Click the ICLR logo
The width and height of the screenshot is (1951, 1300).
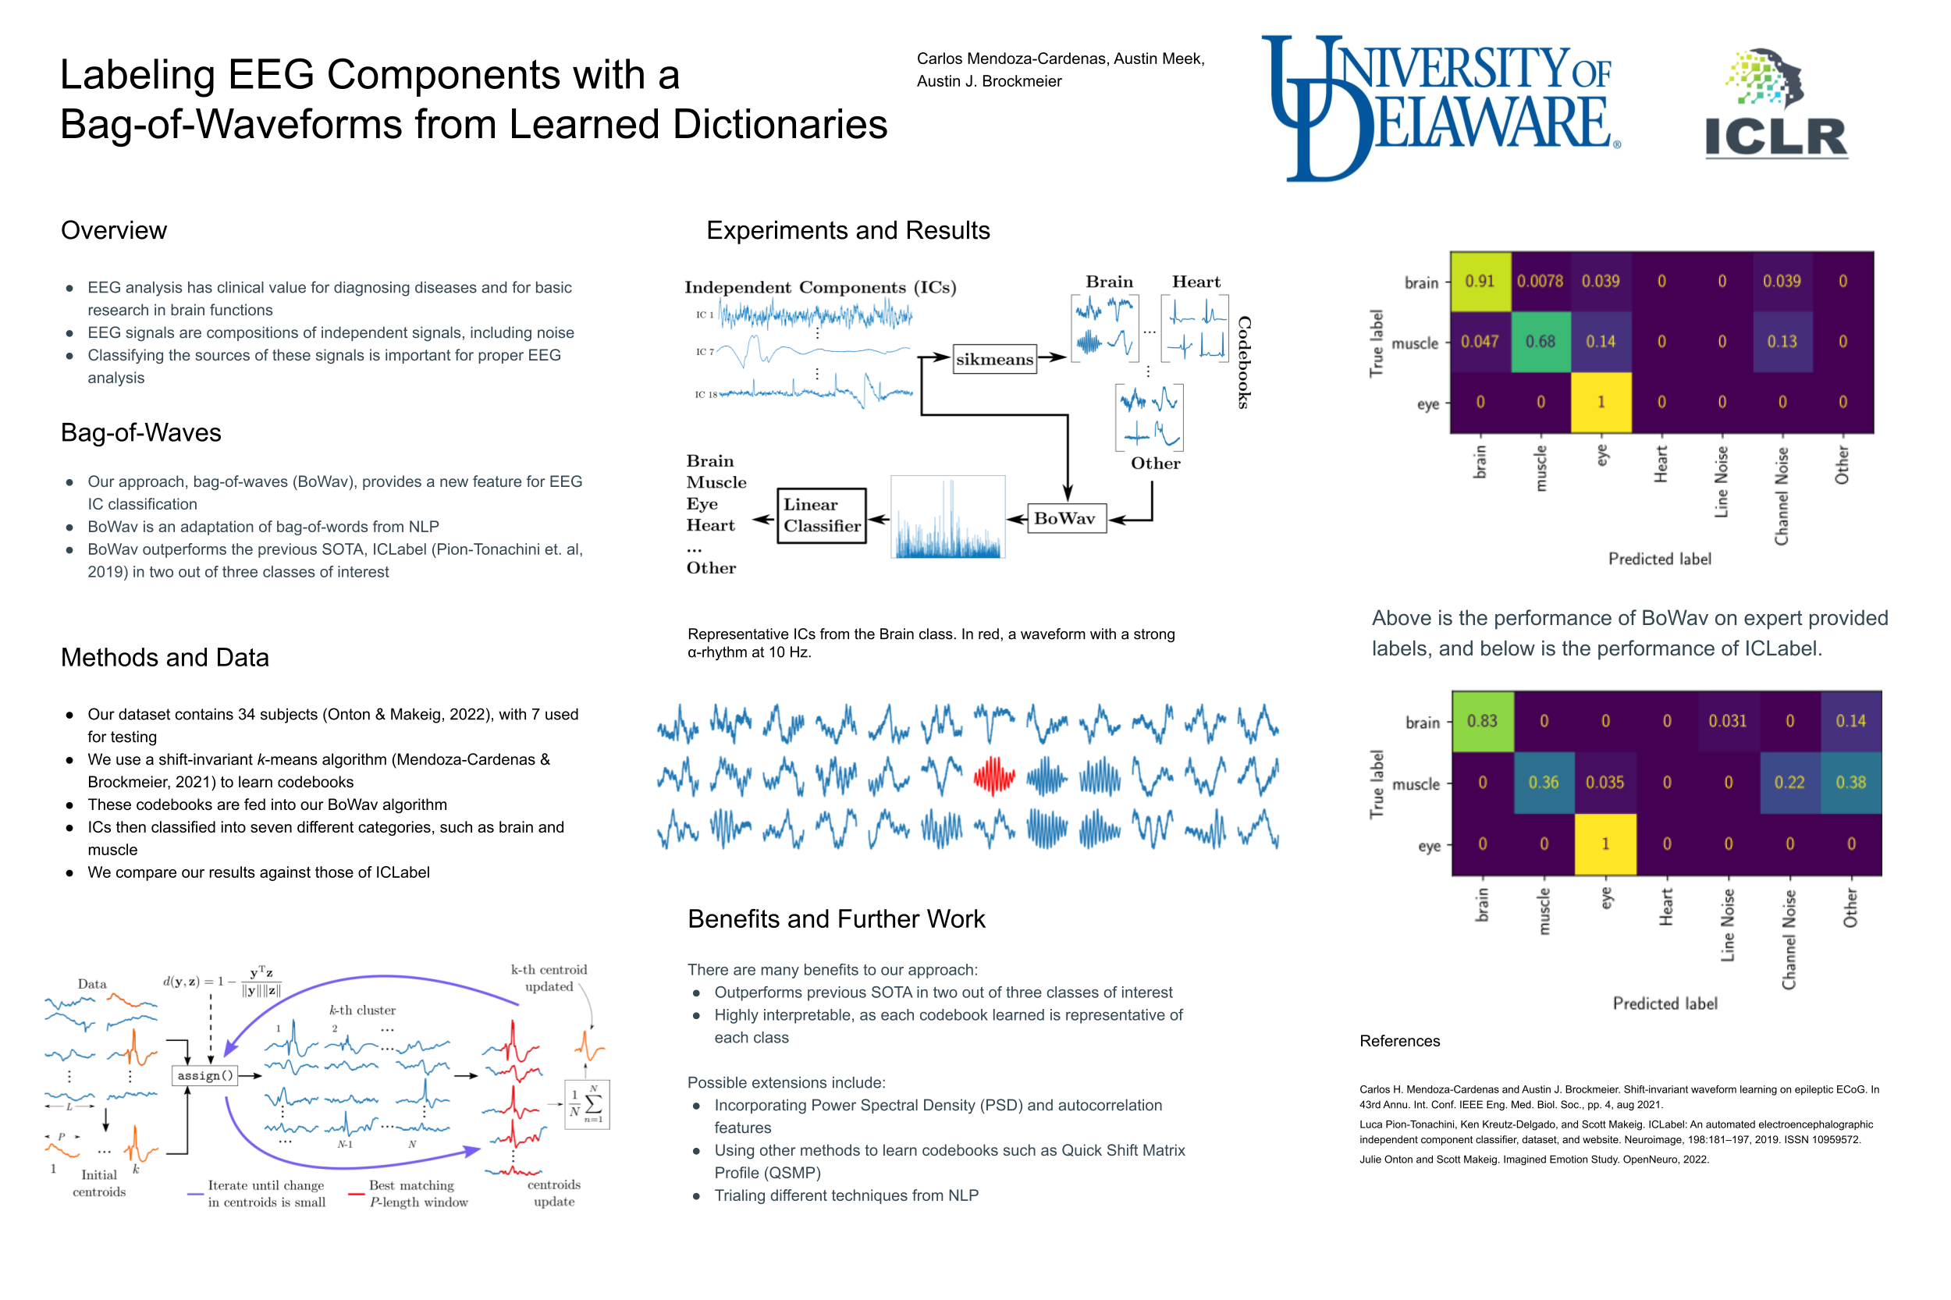coord(1775,103)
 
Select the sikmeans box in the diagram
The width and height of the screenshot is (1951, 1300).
coord(994,359)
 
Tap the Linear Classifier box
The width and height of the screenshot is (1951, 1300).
coord(821,515)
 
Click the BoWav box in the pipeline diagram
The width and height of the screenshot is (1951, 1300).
coord(1065,518)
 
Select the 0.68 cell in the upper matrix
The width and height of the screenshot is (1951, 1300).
coord(1541,342)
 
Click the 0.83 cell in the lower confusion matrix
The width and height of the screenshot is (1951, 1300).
coord(1483,721)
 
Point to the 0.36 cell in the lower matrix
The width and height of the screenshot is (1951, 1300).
coord(1544,783)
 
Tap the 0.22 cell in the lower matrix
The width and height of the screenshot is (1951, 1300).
coord(1789,783)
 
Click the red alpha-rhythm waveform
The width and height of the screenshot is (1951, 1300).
coord(994,776)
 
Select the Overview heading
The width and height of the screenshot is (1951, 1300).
coord(114,230)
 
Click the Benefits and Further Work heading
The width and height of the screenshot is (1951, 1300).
coord(836,918)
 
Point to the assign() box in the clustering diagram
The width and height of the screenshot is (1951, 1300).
coord(204,1075)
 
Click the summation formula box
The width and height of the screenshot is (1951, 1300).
coord(587,1103)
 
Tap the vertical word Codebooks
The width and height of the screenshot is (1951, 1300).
coord(1244,362)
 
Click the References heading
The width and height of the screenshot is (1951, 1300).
coord(1399,1041)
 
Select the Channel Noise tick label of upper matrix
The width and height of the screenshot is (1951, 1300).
coord(1782,495)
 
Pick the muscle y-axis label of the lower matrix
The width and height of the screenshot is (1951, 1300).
coord(1416,784)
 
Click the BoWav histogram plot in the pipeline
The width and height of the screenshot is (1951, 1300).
coord(947,517)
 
